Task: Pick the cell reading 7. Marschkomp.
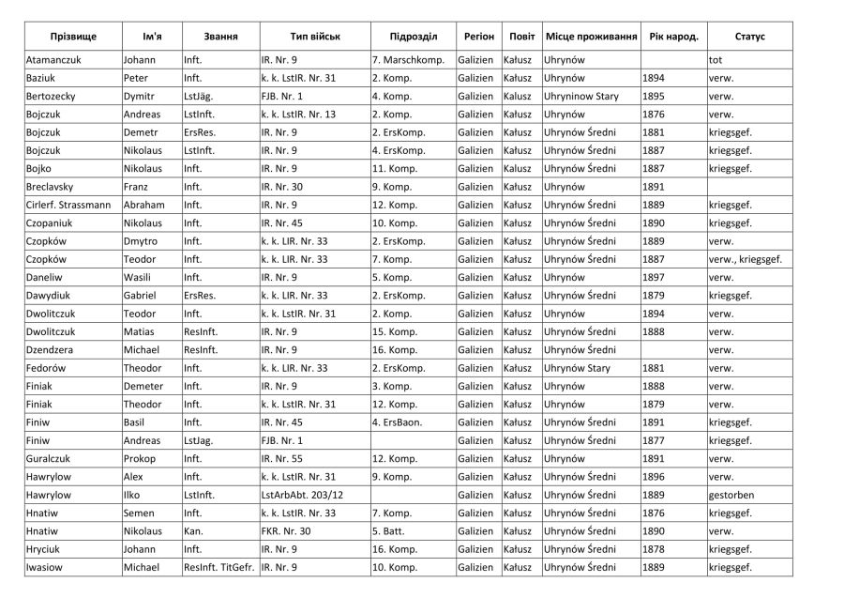click(407, 60)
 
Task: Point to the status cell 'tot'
click(716, 60)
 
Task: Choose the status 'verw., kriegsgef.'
click(745, 259)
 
